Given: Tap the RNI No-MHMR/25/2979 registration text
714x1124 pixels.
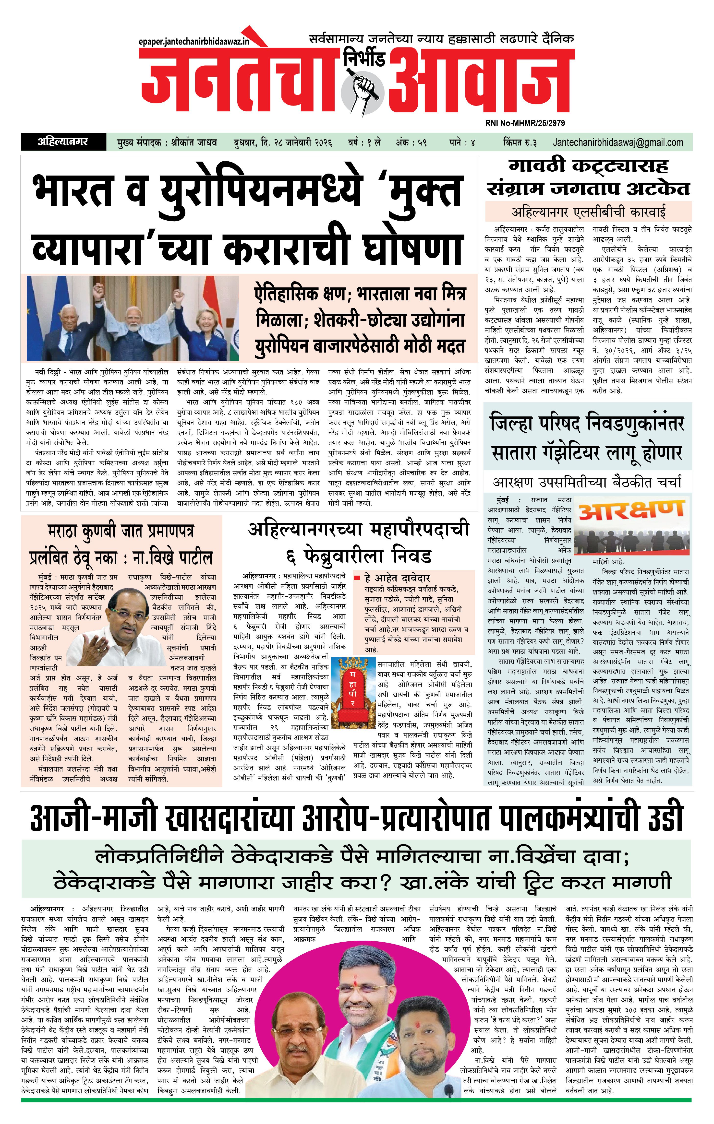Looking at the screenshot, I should click(x=525, y=123).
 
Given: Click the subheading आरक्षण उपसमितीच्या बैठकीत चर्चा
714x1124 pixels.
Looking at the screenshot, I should click(x=587, y=482).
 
